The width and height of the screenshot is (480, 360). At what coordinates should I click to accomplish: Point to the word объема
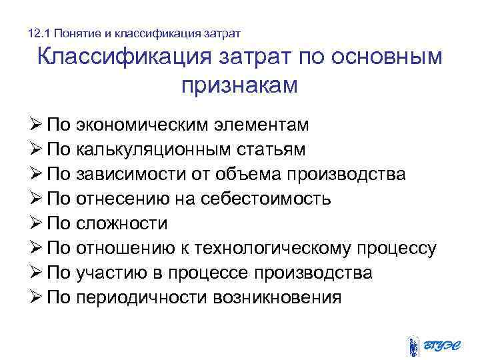click(248, 175)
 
